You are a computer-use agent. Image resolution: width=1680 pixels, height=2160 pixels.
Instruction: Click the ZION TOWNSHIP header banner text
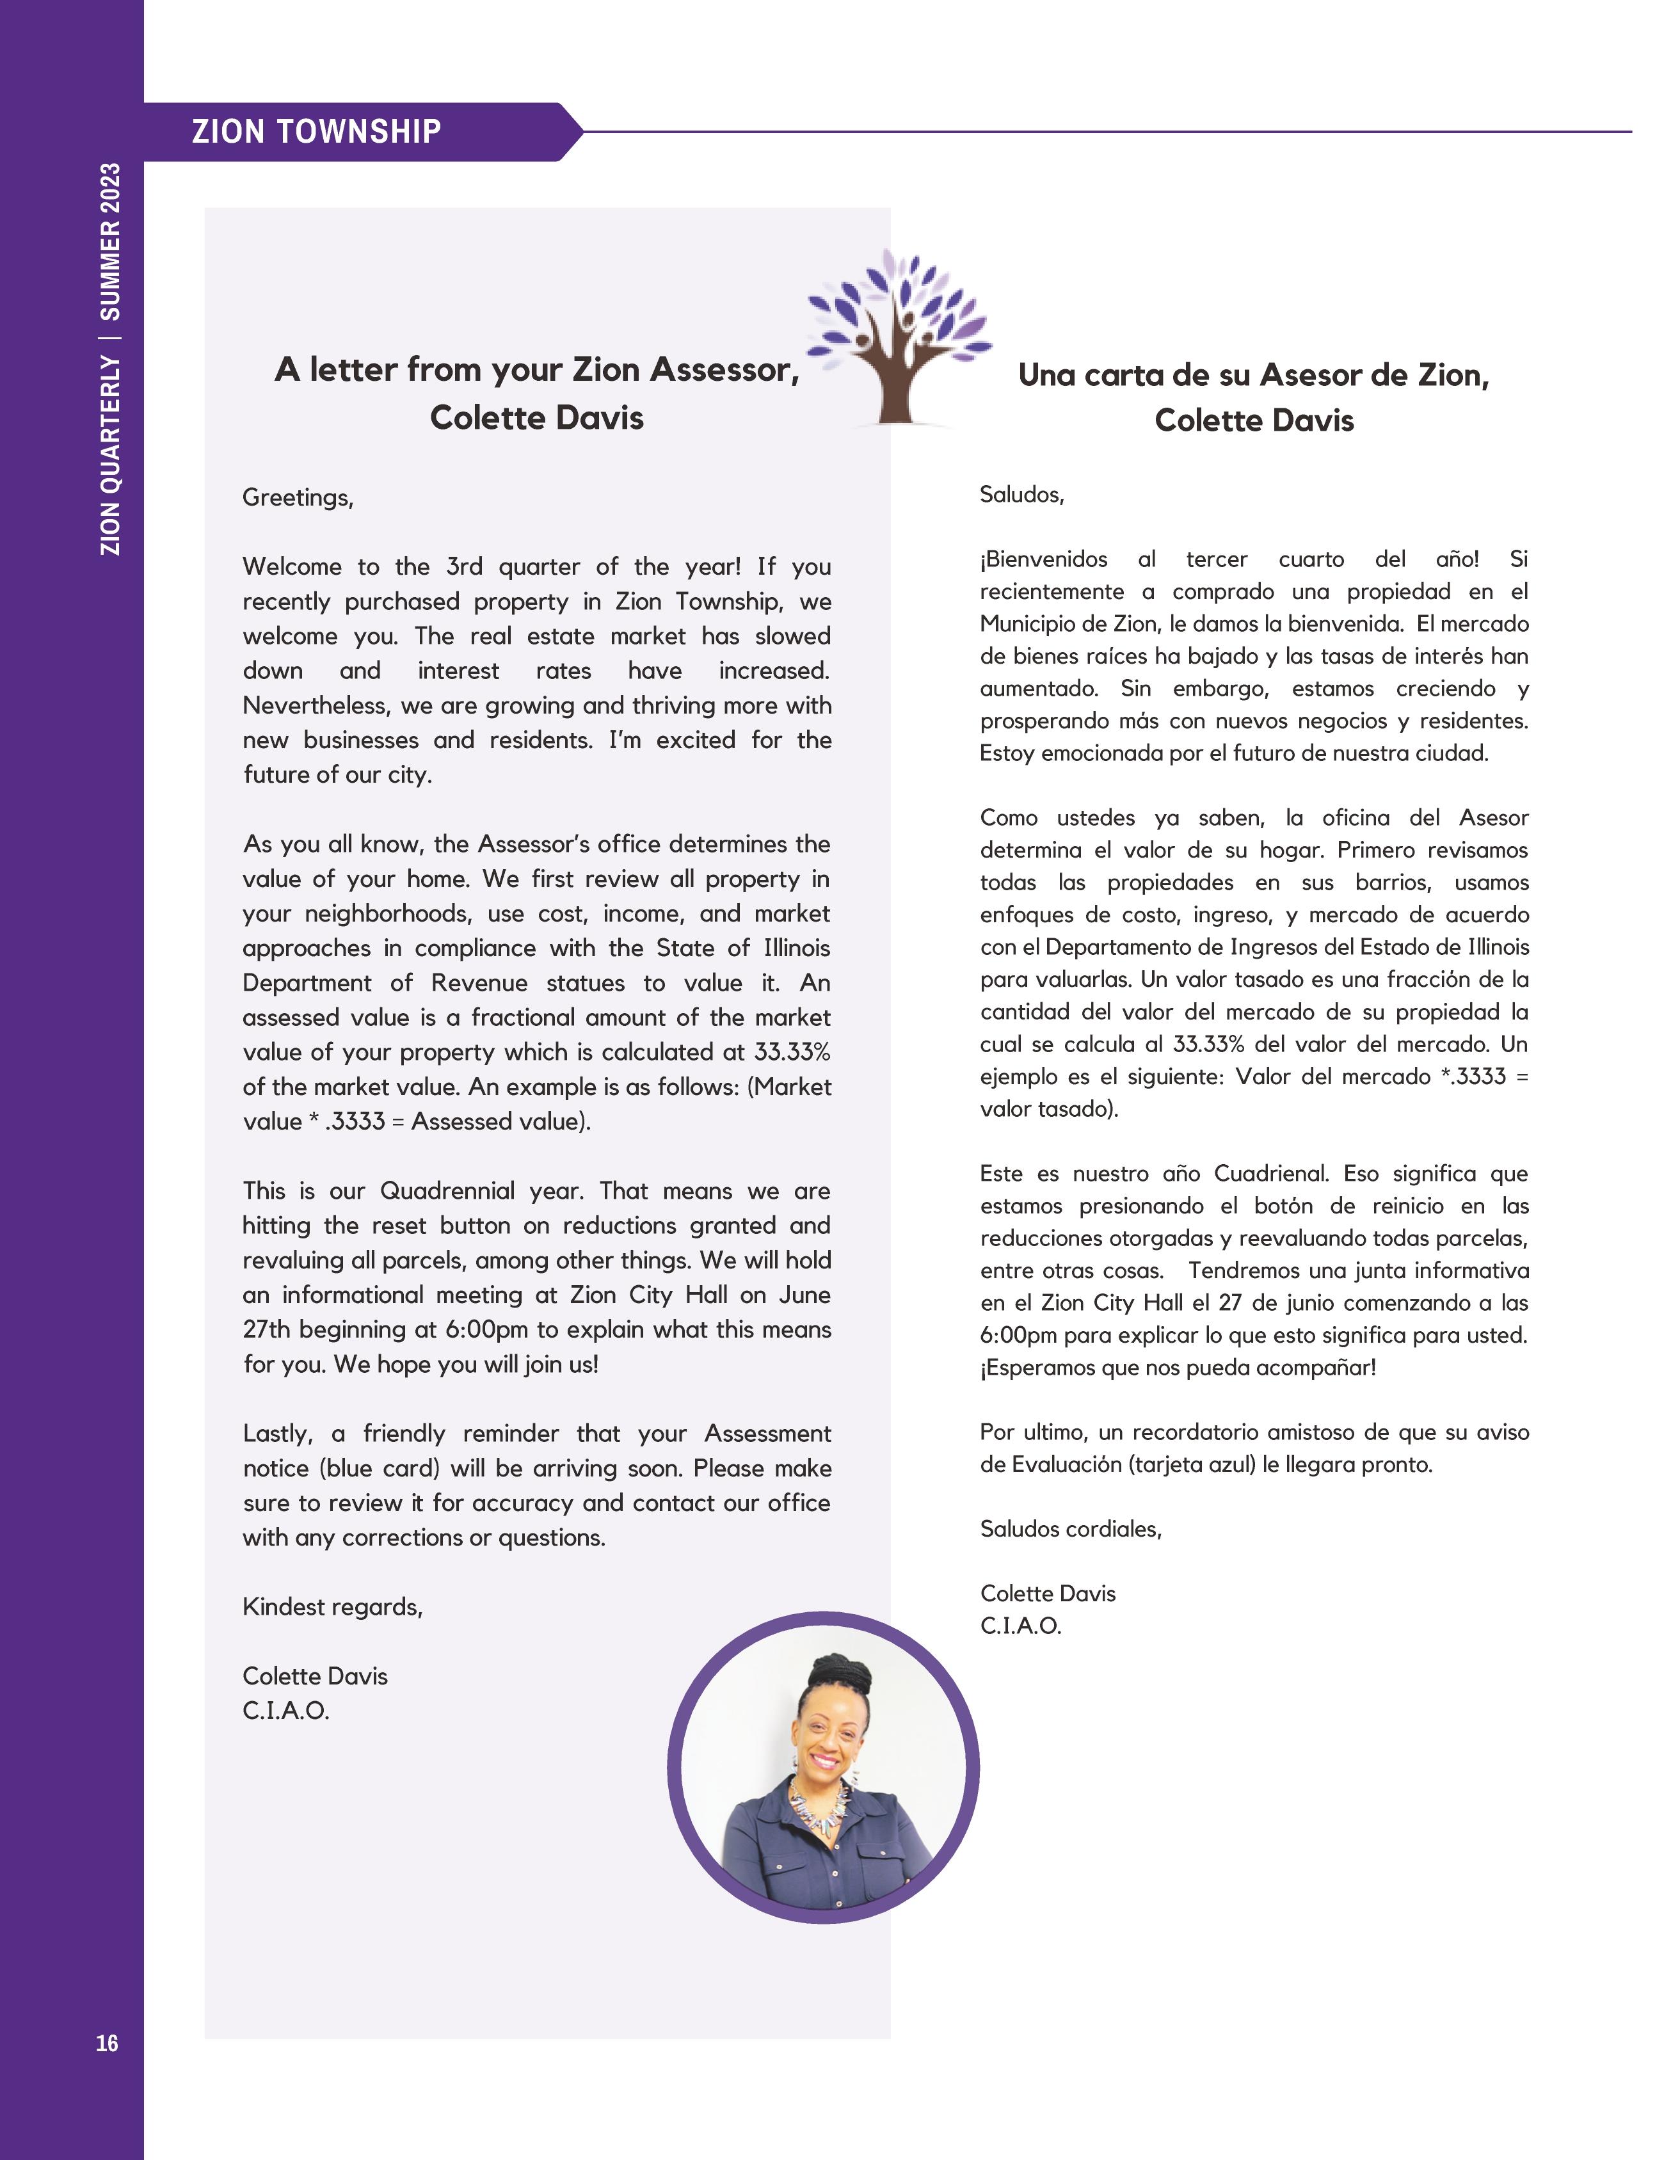(316, 132)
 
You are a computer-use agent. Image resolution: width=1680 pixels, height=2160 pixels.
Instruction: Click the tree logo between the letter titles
(898, 336)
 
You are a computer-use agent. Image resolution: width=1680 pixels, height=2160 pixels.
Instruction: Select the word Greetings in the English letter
(297, 497)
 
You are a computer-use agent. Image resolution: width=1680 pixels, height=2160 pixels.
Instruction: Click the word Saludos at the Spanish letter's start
(1020, 495)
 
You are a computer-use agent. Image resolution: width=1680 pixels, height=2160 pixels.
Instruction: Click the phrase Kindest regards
(332, 1607)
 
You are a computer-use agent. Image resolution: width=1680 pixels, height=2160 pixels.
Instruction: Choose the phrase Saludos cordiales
(1071, 1529)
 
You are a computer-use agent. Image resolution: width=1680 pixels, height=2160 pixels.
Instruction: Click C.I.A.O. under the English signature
(286, 1711)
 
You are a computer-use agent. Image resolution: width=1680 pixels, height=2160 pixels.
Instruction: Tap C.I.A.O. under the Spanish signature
(1020, 1626)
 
